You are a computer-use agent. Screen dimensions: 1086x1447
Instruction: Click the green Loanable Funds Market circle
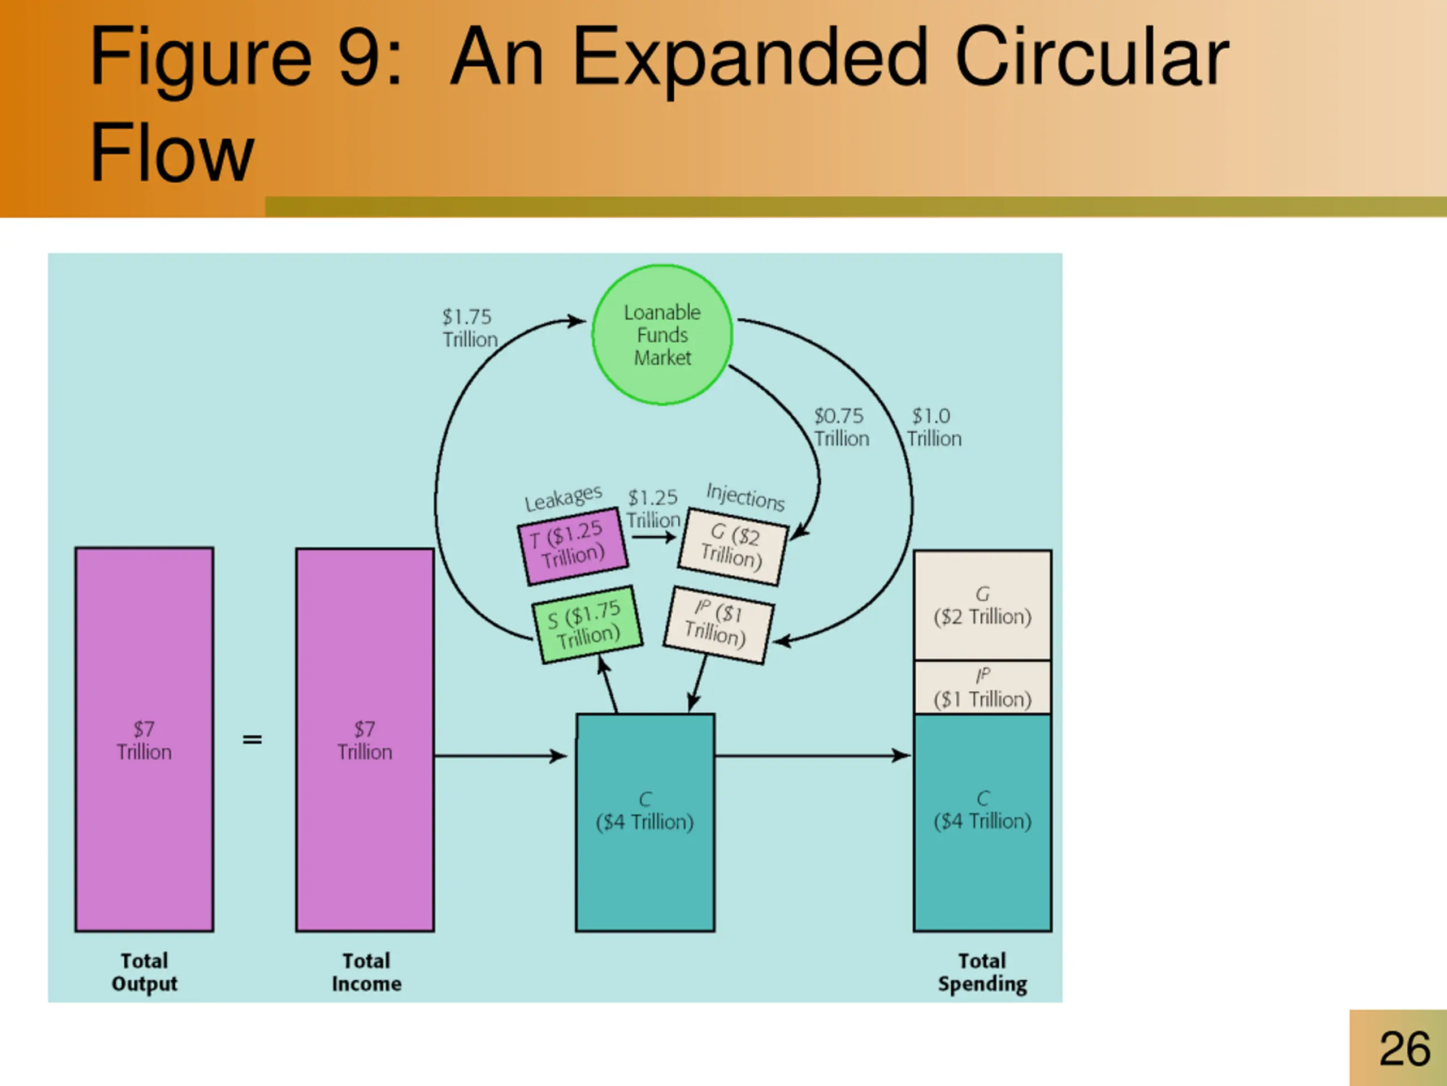pyautogui.click(x=662, y=334)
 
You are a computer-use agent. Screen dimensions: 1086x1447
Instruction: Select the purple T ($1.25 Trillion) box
pyautogui.click(x=573, y=545)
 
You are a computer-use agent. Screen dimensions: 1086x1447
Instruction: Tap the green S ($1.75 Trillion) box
pyautogui.click(x=587, y=624)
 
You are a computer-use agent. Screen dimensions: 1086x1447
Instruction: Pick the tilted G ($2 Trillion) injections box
pyautogui.click(x=733, y=546)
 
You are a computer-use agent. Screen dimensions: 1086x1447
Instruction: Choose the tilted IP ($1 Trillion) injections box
pyautogui.click(x=718, y=624)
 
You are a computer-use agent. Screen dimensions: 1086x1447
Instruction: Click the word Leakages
pyautogui.click(x=562, y=498)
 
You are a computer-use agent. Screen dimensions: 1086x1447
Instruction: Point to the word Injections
pyautogui.click(x=745, y=496)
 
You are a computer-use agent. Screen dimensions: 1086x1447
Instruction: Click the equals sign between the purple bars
pyautogui.click(x=252, y=740)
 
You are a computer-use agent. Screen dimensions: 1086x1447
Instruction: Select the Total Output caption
pyautogui.click(x=145, y=972)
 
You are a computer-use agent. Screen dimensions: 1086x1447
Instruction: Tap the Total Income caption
pyautogui.click(x=366, y=972)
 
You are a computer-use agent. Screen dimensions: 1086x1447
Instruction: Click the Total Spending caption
pyautogui.click(x=982, y=972)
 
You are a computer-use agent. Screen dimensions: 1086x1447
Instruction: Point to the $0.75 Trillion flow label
pyautogui.click(x=841, y=427)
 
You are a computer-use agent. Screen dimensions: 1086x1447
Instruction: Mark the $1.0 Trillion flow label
pyautogui.click(x=934, y=427)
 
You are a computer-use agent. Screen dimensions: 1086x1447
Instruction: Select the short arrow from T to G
pyautogui.click(x=653, y=537)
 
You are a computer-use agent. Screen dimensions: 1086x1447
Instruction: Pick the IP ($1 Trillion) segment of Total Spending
pyautogui.click(x=982, y=687)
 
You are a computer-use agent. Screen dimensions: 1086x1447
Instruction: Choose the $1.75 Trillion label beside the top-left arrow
pyautogui.click(x=469, y=328)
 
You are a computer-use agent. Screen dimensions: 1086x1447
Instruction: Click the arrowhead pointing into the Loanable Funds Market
pyautogui.click(x=577, y=321)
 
